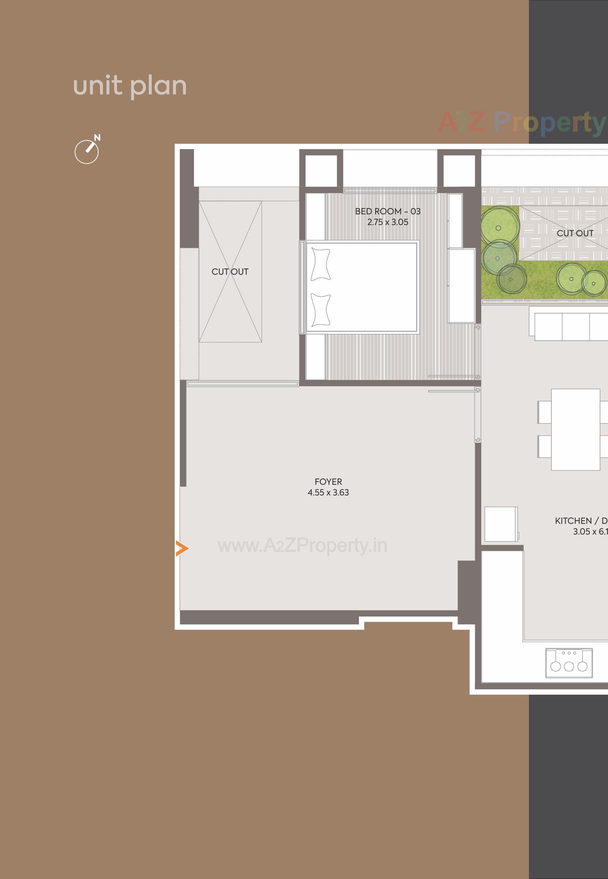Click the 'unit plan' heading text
(x=130, y=87)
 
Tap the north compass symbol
(x=87, y=151)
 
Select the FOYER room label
(x=328, y=482)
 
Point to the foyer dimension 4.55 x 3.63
(x=328, y=493)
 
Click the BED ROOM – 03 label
(x=387, y=211)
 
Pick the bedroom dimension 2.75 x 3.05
(x=387, y=222)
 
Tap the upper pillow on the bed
(x=320, y=264)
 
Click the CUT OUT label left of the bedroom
(x=230, y=272)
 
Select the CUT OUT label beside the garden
(x=575, y=233)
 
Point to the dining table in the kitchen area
(x=575, y=429)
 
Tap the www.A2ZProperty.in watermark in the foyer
(x=302, y=546)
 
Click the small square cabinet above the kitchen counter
(x=501, y=524)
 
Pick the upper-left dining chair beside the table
(x=544, y=412)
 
